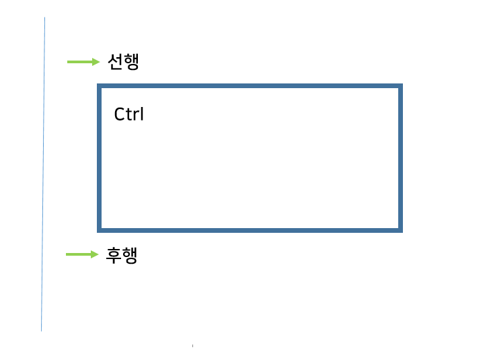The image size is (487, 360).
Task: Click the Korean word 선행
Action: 123,62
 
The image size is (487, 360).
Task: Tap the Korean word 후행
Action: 122,255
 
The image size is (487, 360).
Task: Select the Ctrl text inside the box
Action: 129,114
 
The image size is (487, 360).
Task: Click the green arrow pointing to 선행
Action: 83,62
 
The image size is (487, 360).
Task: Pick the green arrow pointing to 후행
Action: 81,254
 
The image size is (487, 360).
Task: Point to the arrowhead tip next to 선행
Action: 99,62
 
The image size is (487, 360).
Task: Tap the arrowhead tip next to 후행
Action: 98,254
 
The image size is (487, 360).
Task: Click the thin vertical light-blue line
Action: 44,175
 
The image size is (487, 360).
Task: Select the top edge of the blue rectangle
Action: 250,86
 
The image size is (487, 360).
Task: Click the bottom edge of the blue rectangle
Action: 250,229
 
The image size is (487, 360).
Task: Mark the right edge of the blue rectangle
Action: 400,158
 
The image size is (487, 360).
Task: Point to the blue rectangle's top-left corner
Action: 100,86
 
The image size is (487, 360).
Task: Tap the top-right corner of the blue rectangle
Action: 400,86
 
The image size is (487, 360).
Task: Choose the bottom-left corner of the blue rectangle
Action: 100,229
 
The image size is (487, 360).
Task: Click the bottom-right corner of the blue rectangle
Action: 400,229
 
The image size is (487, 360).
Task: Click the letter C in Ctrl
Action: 119,114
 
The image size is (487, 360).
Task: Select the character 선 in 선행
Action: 115,62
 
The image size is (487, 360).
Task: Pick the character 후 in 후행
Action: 114,255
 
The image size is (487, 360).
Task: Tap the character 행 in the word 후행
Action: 130,255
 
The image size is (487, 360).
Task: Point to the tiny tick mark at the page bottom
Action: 192,346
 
